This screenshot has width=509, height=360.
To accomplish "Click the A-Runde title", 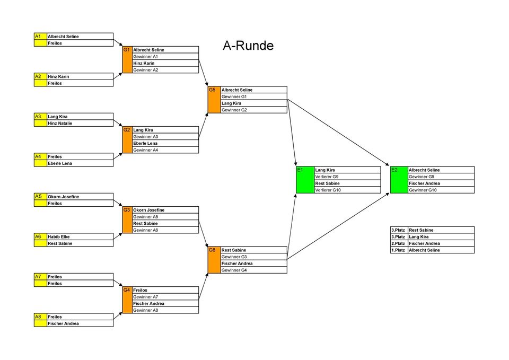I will [x=248, y=46].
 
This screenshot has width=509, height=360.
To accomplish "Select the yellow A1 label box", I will [x=40, y=37].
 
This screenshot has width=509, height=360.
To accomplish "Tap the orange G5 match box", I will [x=214, y=100].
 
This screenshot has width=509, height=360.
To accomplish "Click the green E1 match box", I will [x=305, y=180].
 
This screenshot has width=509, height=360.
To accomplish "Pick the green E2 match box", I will [x=399, y=180].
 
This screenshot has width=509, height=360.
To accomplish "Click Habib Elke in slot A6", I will [x=58, y=236].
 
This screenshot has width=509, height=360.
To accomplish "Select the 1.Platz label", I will [x=398, y=250].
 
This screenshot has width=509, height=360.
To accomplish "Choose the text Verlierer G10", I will [x=328, y=190].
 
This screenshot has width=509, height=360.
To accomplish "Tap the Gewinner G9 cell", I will [x=422, y=177].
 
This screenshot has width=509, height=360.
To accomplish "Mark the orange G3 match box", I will [x=127, y=220].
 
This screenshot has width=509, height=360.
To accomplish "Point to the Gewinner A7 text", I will [x=146, y=297].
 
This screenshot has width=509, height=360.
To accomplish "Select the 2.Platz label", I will [x=398, y=243].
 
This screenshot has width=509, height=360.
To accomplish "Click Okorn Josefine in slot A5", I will [x=63, y=197].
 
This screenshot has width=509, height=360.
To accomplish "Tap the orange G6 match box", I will [x=214, y=260].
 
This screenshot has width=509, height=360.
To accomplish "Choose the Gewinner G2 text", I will [x=234, y=110].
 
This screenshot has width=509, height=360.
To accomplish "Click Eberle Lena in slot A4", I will [x=60, y=163].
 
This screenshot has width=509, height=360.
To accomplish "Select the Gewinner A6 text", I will [x=146, y=230].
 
